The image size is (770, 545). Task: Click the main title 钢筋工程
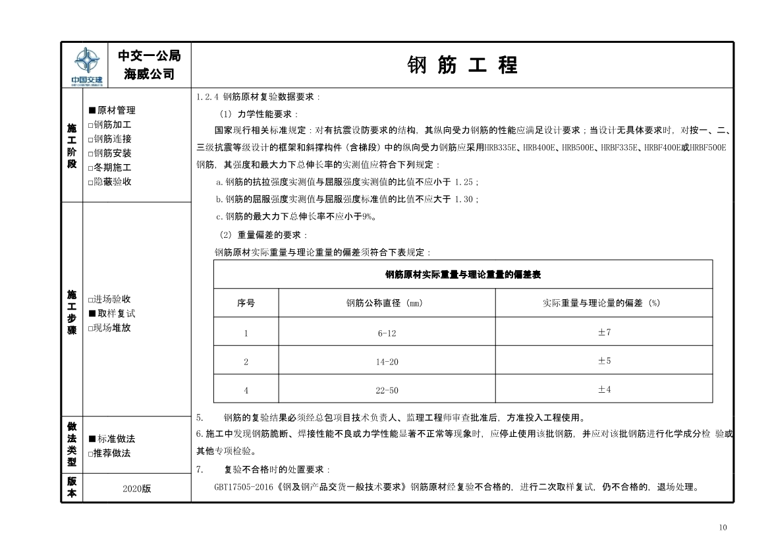pos(462,65)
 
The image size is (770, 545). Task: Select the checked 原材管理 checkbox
pos(92,111)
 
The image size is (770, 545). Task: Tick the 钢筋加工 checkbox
pos(92,125)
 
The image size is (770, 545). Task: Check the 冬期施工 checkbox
pos(92,168)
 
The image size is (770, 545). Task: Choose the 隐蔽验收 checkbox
pos(92,182)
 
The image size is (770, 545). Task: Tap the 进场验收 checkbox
pos(92,299)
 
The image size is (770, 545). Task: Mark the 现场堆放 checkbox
pos(92,328)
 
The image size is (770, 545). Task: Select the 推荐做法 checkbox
pos(92,453)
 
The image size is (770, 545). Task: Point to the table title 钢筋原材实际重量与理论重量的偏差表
pos(462,274)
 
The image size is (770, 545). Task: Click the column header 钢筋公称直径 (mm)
pos(387,304)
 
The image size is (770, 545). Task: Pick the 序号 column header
pos(246,304)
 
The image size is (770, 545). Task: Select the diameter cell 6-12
pos(387,333)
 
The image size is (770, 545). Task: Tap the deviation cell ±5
pos(604,361)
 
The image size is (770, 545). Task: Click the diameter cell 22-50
pos(387,390)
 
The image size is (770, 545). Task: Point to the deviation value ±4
pos(604,390)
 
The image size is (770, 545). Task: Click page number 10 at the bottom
pos(723,527)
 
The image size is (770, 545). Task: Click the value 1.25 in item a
pos(465,183)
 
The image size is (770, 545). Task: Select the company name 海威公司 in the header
pos(150,74)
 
